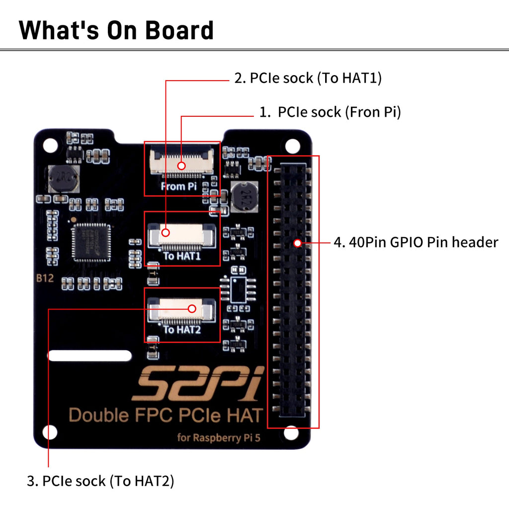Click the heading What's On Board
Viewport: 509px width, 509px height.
(116, 30)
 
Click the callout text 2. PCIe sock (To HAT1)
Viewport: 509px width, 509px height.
(308, 78)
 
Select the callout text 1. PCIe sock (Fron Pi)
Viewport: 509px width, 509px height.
(330, 112)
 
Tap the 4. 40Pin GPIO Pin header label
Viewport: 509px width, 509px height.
(416, 243)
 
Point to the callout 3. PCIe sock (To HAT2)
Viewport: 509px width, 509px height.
(101, 481)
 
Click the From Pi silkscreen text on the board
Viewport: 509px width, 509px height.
(179, 186)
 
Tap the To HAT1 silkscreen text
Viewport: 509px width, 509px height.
(181, 256)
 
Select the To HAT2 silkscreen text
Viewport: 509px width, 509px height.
(182, 329)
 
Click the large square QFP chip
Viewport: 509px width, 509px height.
(91, 242)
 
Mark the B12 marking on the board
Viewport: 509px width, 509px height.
(44, 278)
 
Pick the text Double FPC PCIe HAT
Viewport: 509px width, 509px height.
(165, 415)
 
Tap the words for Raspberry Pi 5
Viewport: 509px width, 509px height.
(218, 438)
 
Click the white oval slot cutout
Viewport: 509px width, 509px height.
(90, 355)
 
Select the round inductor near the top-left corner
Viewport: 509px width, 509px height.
(63, 179)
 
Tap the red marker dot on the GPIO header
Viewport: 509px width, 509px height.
(297, 243)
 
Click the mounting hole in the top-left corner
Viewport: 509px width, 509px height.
(50, 145)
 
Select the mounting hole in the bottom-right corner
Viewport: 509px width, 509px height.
(292, 432)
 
